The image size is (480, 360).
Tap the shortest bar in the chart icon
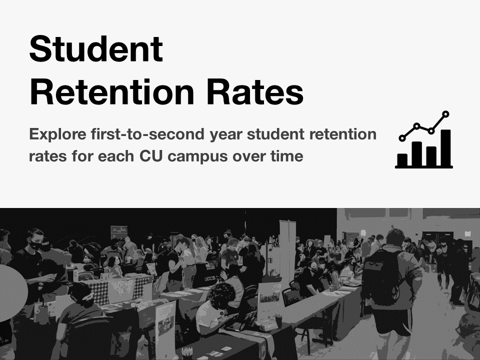(402, 158)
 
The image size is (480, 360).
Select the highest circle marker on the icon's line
(446, 114)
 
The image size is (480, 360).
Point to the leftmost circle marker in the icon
(402, 137)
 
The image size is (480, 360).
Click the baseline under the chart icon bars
(424, 166)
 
